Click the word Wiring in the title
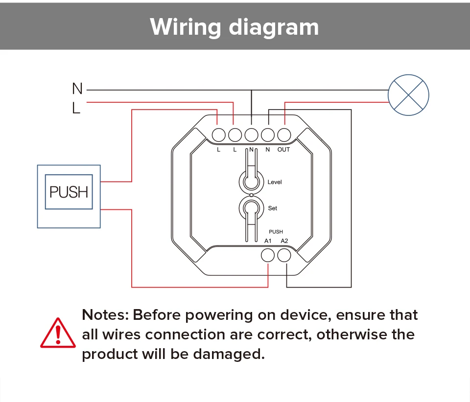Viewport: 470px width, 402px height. (185, 27)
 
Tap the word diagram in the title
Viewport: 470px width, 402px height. (274, 27)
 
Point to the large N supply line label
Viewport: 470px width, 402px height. (77, 89)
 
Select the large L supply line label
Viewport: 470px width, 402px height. (76, 108)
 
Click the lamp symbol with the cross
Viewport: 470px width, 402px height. (408, 95)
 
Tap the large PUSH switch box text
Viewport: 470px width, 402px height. (69, 192)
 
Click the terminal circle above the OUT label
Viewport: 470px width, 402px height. (284, 135)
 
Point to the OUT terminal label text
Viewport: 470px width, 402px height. (283, 150)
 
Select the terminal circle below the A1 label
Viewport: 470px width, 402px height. (268, 255)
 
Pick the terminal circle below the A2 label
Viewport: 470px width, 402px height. (284, 255)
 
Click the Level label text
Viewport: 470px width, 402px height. (275, 182)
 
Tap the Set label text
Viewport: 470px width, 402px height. (273, 208)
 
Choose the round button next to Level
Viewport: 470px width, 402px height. (252, 181)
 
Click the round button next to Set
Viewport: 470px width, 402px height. (252, 208)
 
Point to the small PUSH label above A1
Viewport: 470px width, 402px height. (276, 232)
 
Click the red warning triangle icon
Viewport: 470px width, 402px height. (58, 333)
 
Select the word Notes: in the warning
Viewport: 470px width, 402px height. (105, 315)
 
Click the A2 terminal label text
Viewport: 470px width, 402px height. (284, 241)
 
